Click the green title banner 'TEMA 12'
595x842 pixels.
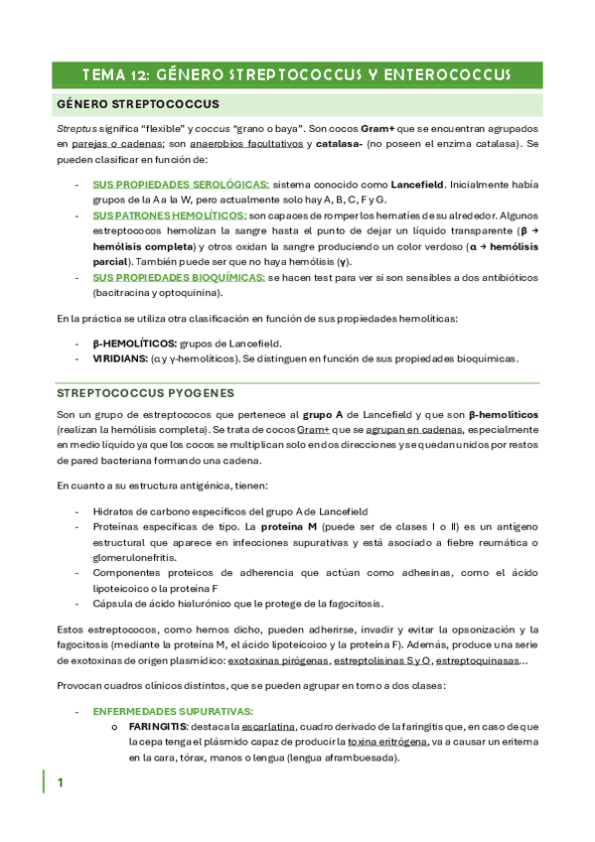pos(297,74)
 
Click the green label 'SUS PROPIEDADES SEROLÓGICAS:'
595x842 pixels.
pos(180,185)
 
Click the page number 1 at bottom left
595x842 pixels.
pos(61,783)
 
